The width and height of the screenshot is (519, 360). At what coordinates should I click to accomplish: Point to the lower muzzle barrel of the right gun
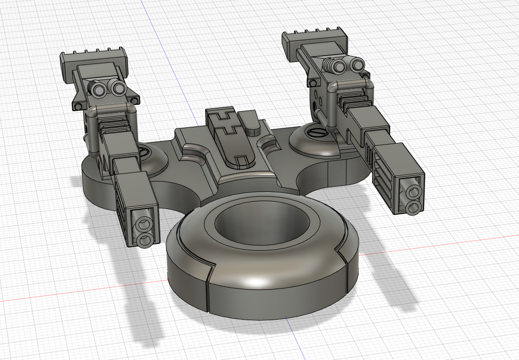[413, 207]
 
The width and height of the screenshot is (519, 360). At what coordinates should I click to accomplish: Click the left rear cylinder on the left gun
[100, 89]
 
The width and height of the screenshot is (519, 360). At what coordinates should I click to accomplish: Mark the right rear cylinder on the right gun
[354, 64]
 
